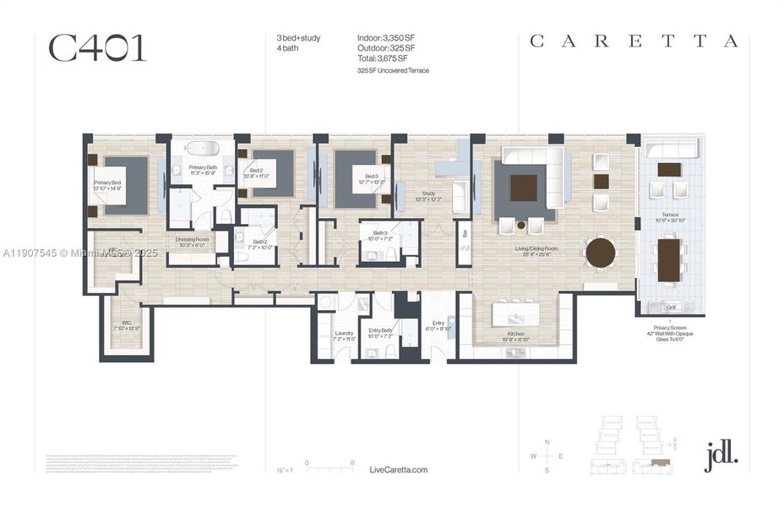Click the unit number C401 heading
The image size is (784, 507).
click(97, 49)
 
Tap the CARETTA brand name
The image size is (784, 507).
click(634, 41)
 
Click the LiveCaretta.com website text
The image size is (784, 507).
click(399, 470)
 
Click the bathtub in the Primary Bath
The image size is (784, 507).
click(203, 148)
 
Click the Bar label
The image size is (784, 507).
click(464, 232)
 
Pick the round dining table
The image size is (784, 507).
click(601, 253)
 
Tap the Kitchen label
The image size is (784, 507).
click(515, 334)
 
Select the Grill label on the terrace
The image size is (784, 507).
click(672, 308)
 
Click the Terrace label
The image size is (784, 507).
click(670, 216)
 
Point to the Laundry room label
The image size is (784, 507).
click(344, 333)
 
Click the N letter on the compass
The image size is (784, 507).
click(547, 443)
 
